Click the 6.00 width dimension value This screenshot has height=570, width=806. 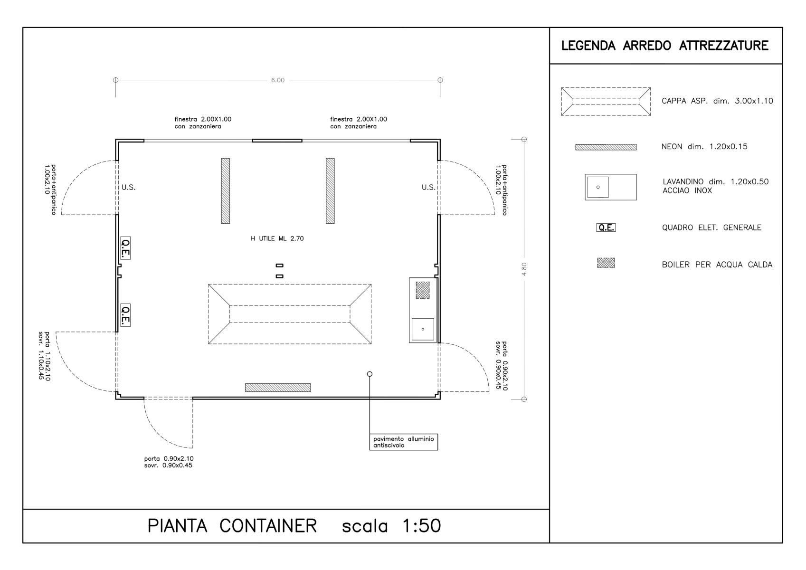277,80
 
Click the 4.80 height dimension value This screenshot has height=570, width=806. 524,269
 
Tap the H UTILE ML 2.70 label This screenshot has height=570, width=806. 277,238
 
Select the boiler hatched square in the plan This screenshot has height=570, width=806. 422,290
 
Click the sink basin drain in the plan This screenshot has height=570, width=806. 423,329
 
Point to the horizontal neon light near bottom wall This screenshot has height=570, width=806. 278,387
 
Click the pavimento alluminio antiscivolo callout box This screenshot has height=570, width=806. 403,442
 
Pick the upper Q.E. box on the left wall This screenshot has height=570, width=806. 125,248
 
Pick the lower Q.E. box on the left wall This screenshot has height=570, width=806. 125,315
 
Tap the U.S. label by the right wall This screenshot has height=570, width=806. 428,187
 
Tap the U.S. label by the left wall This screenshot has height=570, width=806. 128,187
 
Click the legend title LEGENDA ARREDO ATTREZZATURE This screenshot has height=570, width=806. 664,46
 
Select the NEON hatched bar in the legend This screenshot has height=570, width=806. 606,147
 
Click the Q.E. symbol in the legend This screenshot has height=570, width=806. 606,228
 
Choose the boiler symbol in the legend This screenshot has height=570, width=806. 606,263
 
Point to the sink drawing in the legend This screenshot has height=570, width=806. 611,187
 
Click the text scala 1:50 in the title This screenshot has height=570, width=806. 391,526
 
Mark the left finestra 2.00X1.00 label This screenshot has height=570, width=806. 203,119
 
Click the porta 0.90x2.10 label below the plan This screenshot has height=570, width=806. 169,458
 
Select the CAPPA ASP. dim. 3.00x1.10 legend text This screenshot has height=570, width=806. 717,101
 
